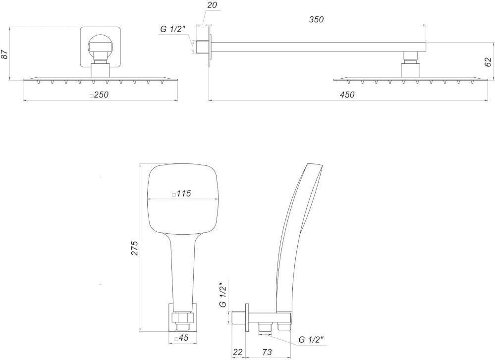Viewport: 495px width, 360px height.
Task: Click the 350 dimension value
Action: [316, 19]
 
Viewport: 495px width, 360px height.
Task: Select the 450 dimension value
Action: [347, 95]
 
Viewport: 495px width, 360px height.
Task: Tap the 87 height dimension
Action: [4, 54]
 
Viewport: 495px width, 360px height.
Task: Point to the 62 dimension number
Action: [488, 62]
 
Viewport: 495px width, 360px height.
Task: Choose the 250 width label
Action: [101, 95]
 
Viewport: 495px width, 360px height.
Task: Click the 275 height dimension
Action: [135, 248]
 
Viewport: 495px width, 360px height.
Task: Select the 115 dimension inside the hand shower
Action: [184, 194]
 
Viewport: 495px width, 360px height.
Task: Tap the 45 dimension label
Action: [183, 338]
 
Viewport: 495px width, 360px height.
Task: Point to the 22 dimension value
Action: [238, 352]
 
